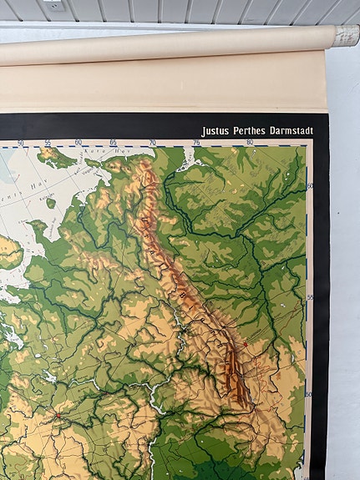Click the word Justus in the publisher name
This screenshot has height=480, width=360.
tap(216, 131)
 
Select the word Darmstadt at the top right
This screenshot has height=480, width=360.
tap(292, 131)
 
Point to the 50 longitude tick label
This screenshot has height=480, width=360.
tap(20, 143)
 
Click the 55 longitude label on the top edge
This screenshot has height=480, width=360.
tap(48, 143)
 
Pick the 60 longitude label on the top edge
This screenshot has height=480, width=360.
tap(79, 143)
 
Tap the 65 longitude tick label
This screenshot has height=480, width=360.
tap(113, 143)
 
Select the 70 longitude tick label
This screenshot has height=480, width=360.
tap(152, 143)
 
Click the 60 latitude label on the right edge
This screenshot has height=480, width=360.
tap(309, 185)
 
